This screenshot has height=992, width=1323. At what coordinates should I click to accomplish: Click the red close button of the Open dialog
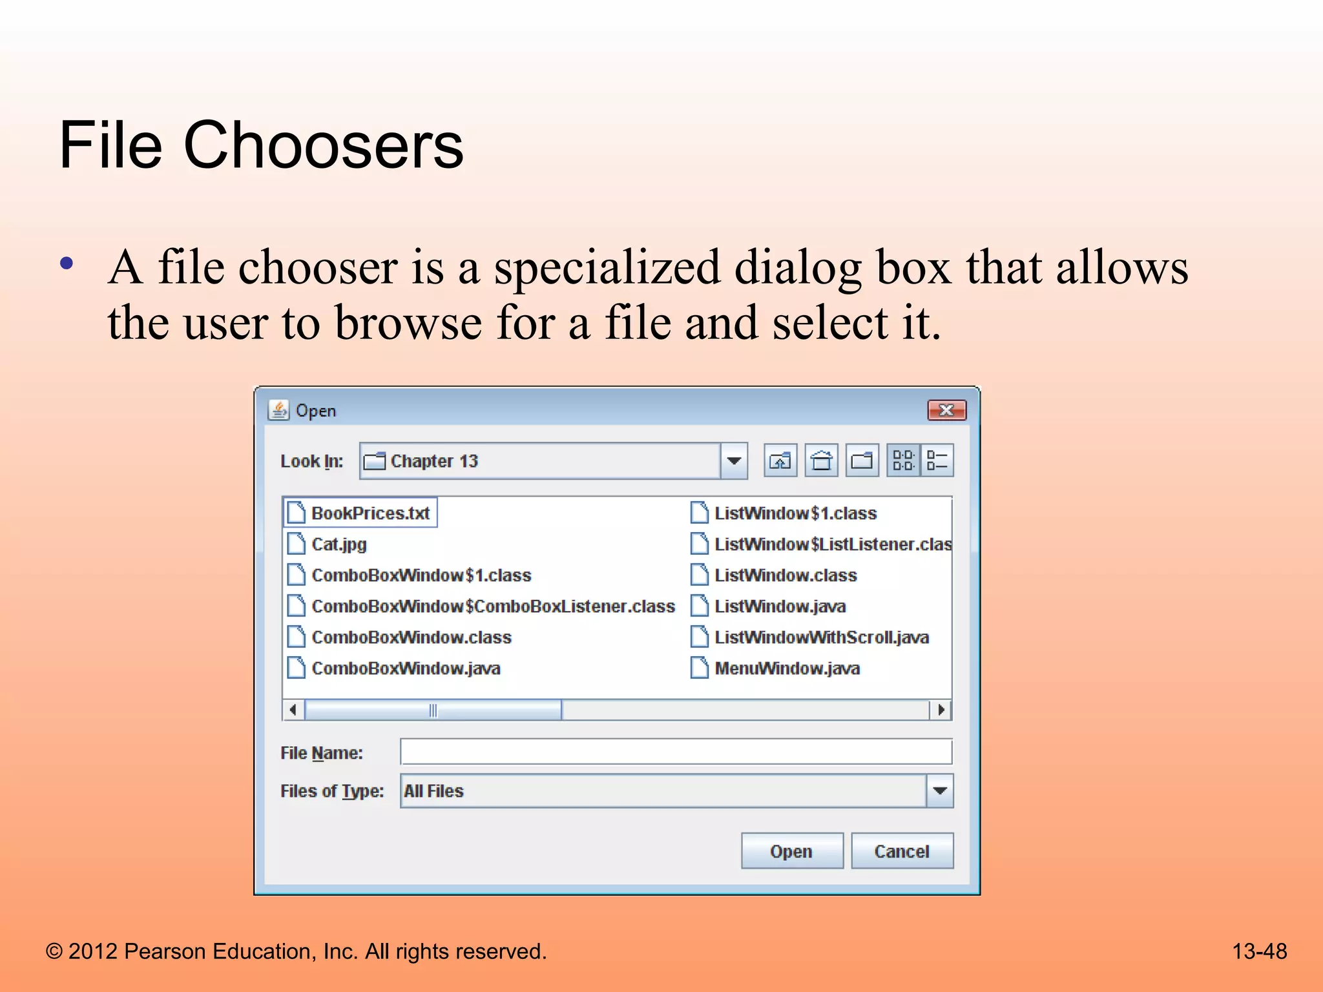click(x=946, y=411)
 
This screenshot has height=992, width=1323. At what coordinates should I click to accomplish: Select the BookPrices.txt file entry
click(x=370, y=513)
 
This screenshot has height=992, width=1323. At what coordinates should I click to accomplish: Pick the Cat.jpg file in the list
click(x=339, y=544)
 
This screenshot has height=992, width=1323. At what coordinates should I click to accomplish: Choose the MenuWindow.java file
click(x=786, y=668)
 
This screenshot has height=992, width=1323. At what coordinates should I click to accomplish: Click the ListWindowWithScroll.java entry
click(x=821, y=637)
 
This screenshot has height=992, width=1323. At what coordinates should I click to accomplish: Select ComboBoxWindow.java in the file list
click(x=405, y=668)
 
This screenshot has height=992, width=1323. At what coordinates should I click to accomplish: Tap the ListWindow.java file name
click(x=780, y=606)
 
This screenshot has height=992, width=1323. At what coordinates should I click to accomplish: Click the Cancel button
click(x=902, y=851)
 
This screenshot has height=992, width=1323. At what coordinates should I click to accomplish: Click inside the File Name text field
click(x=676, y=752)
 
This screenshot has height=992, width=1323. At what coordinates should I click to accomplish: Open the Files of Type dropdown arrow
click(x=940, y=791)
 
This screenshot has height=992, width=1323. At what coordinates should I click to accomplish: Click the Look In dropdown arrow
click(x=734, y=461)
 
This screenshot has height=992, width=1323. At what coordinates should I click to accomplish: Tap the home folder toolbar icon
click(x=821, y=461)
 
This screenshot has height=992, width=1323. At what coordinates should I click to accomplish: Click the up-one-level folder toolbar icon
click(x=780, y=461)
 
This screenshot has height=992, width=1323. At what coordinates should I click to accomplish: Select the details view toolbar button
click(x=937, y=461)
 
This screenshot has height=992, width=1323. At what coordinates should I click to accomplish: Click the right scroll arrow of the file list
click(x=941, y=710)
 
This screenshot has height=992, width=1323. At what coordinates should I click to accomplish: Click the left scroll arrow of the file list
click(x=293, y=710)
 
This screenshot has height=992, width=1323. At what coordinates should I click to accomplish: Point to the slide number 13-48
click(x=1259, y=951)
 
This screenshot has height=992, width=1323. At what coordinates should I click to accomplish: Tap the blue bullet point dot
click(x=66, y=264)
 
